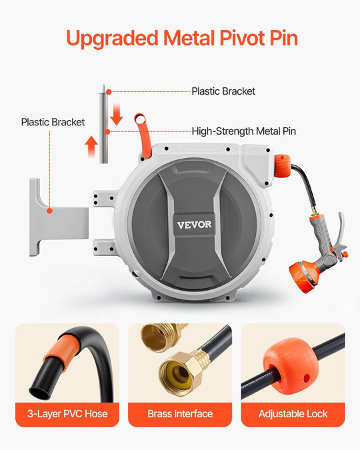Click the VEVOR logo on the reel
195,225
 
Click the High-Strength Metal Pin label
244,131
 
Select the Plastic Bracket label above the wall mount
53,122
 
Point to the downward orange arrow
117,115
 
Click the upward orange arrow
91,147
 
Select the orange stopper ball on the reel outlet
282,166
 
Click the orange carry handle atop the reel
143,134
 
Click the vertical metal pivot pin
103,124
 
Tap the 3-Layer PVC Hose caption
67,414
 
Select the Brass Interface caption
180,414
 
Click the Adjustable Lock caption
293,414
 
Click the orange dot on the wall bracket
49,211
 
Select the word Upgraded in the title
112,39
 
